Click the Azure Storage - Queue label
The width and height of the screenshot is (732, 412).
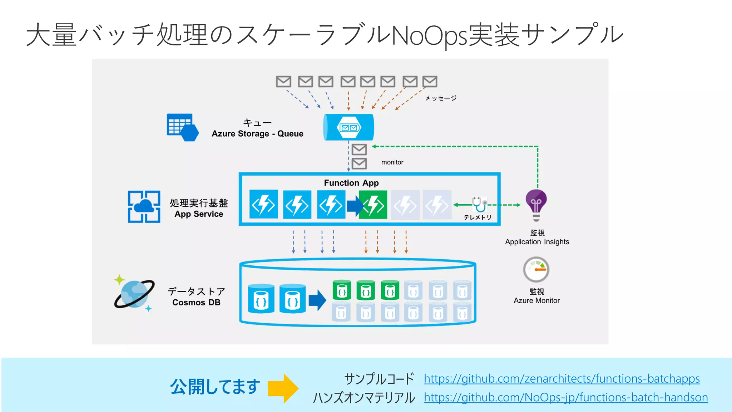pyautogui.click(x=257, y=134)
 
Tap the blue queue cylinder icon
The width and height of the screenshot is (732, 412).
pyautogui.click(x=348, y=127)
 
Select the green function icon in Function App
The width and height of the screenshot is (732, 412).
pyautogui.click(x=374, y=205)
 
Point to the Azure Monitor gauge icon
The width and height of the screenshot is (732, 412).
pyautogui.click(x=536, y=270)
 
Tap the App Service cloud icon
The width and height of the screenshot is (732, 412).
pyautogui.click(x=144, y=206)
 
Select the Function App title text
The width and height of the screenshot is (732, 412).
pyautogui.click(x=351, y=183)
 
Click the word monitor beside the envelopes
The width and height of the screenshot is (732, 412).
pyautogui.click(x=392, y=162)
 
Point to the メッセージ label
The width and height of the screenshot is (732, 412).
pyautogui.click(x=440, y=98)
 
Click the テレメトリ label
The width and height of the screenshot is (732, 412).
pyautogui.click(x=477, y=217)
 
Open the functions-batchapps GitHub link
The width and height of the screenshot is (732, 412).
pyautogui.click(x=562, y=378)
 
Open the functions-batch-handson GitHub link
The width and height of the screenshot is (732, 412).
pyautogui.click(x=565, y=397)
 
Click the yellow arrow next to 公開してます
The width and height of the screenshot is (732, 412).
pyautogui.click(x=283, y=388)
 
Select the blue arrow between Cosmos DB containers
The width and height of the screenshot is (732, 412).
pyautogui.click(x=317, y=300)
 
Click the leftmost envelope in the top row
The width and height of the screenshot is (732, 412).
pyautogui.click(x=283, y=82)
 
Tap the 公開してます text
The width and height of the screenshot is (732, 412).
pyautogui.click(x=215, y=387)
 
